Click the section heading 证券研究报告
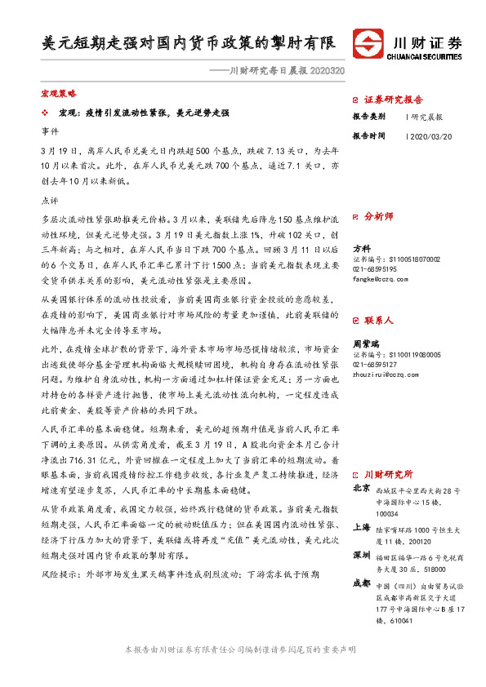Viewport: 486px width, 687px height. [393, 100]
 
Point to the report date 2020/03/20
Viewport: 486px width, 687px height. [430, 135]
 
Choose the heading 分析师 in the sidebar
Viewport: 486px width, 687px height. [378, 217]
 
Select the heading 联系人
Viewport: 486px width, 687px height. [378, 323]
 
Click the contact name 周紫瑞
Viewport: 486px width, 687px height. [364, 345]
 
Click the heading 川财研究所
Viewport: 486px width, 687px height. [388, 474]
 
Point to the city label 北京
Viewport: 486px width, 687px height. [361, 490]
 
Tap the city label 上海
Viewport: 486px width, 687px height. [361, 527]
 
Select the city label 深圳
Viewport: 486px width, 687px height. [361, 554]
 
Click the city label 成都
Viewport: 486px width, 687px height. [361, 583]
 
